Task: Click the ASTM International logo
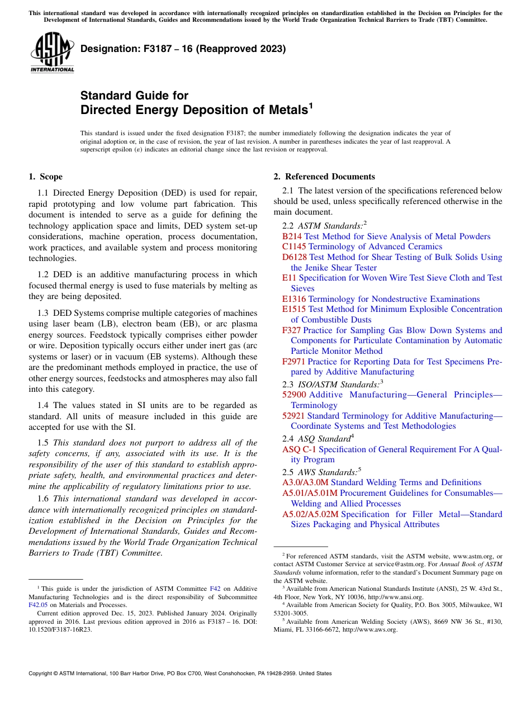click(x=52, y=53)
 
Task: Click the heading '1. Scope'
click(x=46, y=177)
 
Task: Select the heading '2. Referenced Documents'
click(x=324, y=177)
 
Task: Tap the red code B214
click(x=292, y=236)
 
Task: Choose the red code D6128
click(x=295, y=257)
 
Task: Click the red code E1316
click(x=294, y=299)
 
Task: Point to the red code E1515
click(x=294, y=309)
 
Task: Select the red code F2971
click(x=294, y=362)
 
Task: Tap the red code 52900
click(x=294, y=395)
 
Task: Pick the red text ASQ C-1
click(x=299, y=449)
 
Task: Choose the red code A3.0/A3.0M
click(x=305, y=482)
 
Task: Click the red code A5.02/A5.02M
click(x=310, y=514)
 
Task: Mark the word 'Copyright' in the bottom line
click(x=42, y=674)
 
